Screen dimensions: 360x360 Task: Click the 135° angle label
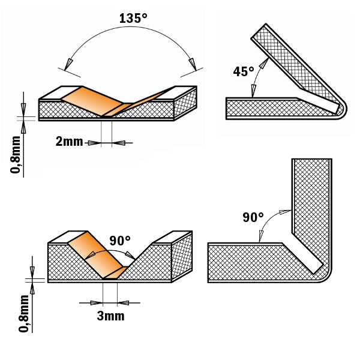pos(133,17)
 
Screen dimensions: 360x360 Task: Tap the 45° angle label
pos(244,71)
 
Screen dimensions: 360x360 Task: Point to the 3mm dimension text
pos(110,316)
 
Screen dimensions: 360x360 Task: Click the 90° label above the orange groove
pos(120,241)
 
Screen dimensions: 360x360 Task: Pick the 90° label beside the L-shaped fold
pos(253,217)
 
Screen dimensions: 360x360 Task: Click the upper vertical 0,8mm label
pos(16,154)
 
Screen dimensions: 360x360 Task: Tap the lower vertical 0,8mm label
pos(23,312)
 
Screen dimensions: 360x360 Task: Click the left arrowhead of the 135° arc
pos(70,62)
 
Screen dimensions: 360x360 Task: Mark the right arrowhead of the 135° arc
pos(193,62)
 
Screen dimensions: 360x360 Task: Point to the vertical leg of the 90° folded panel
pos(311,198)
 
